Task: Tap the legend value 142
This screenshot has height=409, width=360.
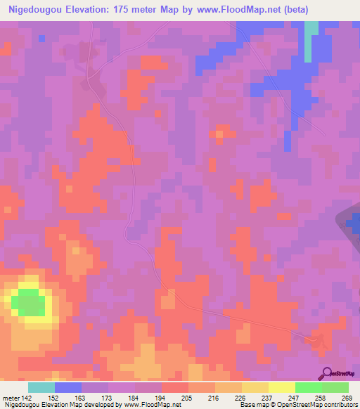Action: click(27, 397)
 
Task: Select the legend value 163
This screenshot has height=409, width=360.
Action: click(81, 397)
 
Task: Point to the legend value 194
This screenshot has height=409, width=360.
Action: click(161, 397)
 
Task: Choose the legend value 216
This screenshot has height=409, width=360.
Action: click(214, 397)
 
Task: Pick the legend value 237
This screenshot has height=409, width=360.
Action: click(268, 397)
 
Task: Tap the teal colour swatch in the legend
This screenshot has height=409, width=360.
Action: click(41, 387)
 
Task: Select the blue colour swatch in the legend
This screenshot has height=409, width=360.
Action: click(67, 387)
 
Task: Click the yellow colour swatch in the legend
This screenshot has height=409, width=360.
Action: click(281, 387)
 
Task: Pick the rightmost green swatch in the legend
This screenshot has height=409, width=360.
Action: click(335, 387)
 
